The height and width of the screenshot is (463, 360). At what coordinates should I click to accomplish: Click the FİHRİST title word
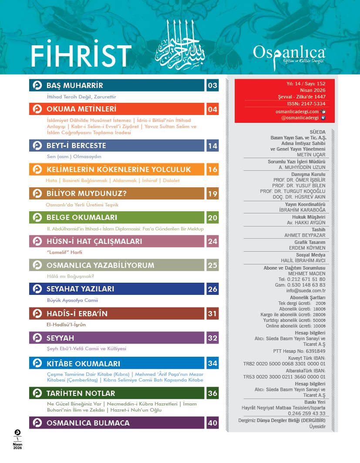tap(81, 55)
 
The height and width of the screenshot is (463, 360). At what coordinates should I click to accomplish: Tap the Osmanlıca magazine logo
tap(289, 54)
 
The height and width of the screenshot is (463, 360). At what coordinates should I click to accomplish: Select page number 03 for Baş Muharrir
tap(212, 85)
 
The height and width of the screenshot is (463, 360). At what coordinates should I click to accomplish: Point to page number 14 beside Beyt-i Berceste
tap(212, 146)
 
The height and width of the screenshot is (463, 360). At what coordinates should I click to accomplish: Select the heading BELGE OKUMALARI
tap(82, 217)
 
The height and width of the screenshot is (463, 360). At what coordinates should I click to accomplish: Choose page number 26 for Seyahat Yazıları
tap(212, 289)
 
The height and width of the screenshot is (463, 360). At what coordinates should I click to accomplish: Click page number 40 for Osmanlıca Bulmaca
tap(212, 423)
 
